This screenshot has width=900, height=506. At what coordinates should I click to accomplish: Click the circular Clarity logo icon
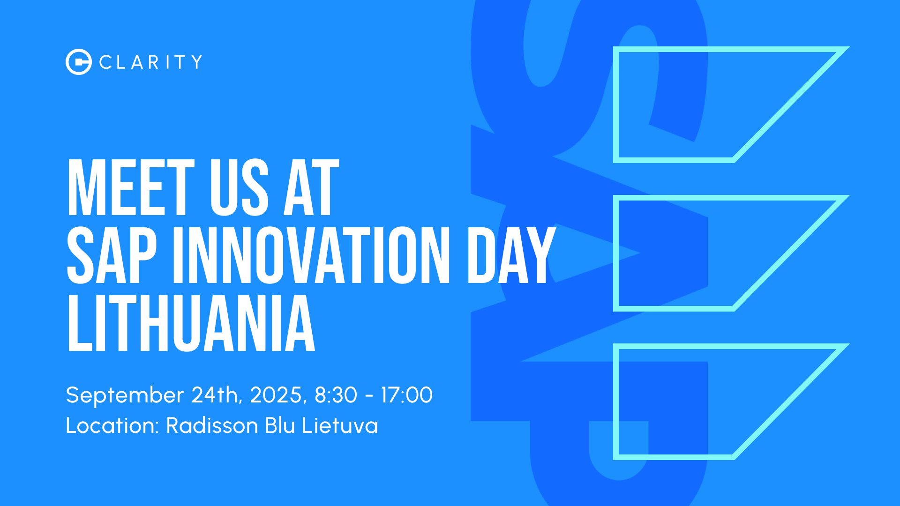point(79,62)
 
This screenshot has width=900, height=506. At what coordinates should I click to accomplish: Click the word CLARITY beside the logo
point(151,62)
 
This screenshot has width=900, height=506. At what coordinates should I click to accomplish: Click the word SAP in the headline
point(112,255)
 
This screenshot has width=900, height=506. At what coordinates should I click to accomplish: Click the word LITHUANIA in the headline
point(191,323)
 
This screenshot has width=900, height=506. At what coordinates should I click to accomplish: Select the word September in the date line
point(125,395)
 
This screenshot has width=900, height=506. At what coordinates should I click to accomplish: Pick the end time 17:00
point(406,395)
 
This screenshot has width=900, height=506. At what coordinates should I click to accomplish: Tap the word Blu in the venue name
point(280,425)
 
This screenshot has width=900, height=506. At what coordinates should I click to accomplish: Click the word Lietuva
point(340,425)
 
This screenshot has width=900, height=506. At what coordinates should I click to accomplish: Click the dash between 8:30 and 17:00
point(369,396)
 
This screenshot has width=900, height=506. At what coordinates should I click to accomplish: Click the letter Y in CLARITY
point(196,62)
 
